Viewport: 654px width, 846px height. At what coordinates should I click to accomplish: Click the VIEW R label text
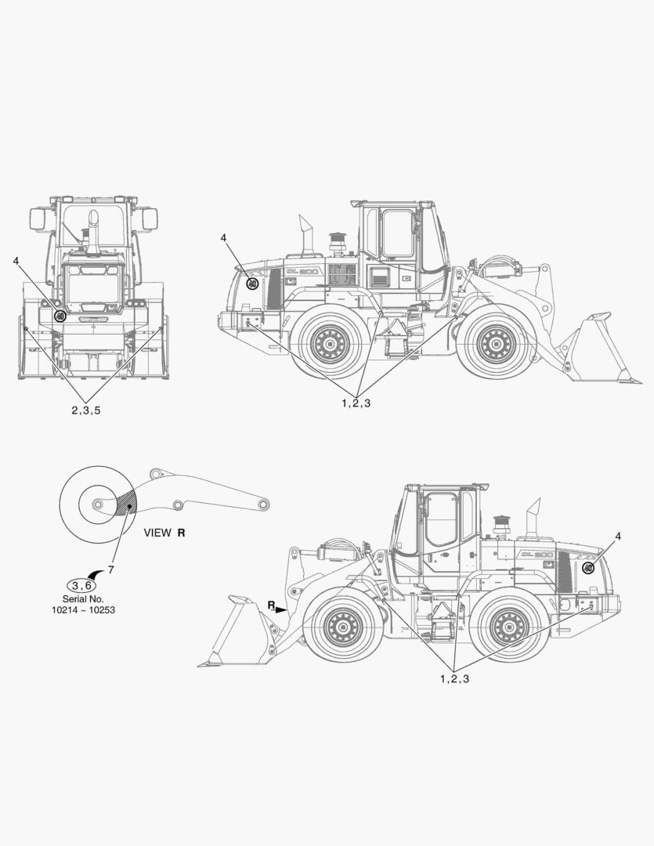[164, 533]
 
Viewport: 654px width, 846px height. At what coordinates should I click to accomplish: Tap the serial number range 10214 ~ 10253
[83, 610]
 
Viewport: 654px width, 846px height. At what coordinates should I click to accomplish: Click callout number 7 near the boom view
[110, 569]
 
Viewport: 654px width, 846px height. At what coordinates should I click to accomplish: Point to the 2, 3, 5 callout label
[86, 410]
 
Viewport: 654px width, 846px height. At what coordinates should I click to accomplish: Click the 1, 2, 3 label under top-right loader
[356, 403]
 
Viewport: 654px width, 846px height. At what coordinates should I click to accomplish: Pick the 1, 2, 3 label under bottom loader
[454, 678]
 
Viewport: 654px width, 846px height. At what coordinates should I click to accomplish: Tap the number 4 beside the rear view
[16, 261]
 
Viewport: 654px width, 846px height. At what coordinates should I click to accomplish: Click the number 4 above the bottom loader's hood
[618, 536]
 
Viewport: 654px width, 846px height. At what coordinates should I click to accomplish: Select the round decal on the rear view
[60, 316]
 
